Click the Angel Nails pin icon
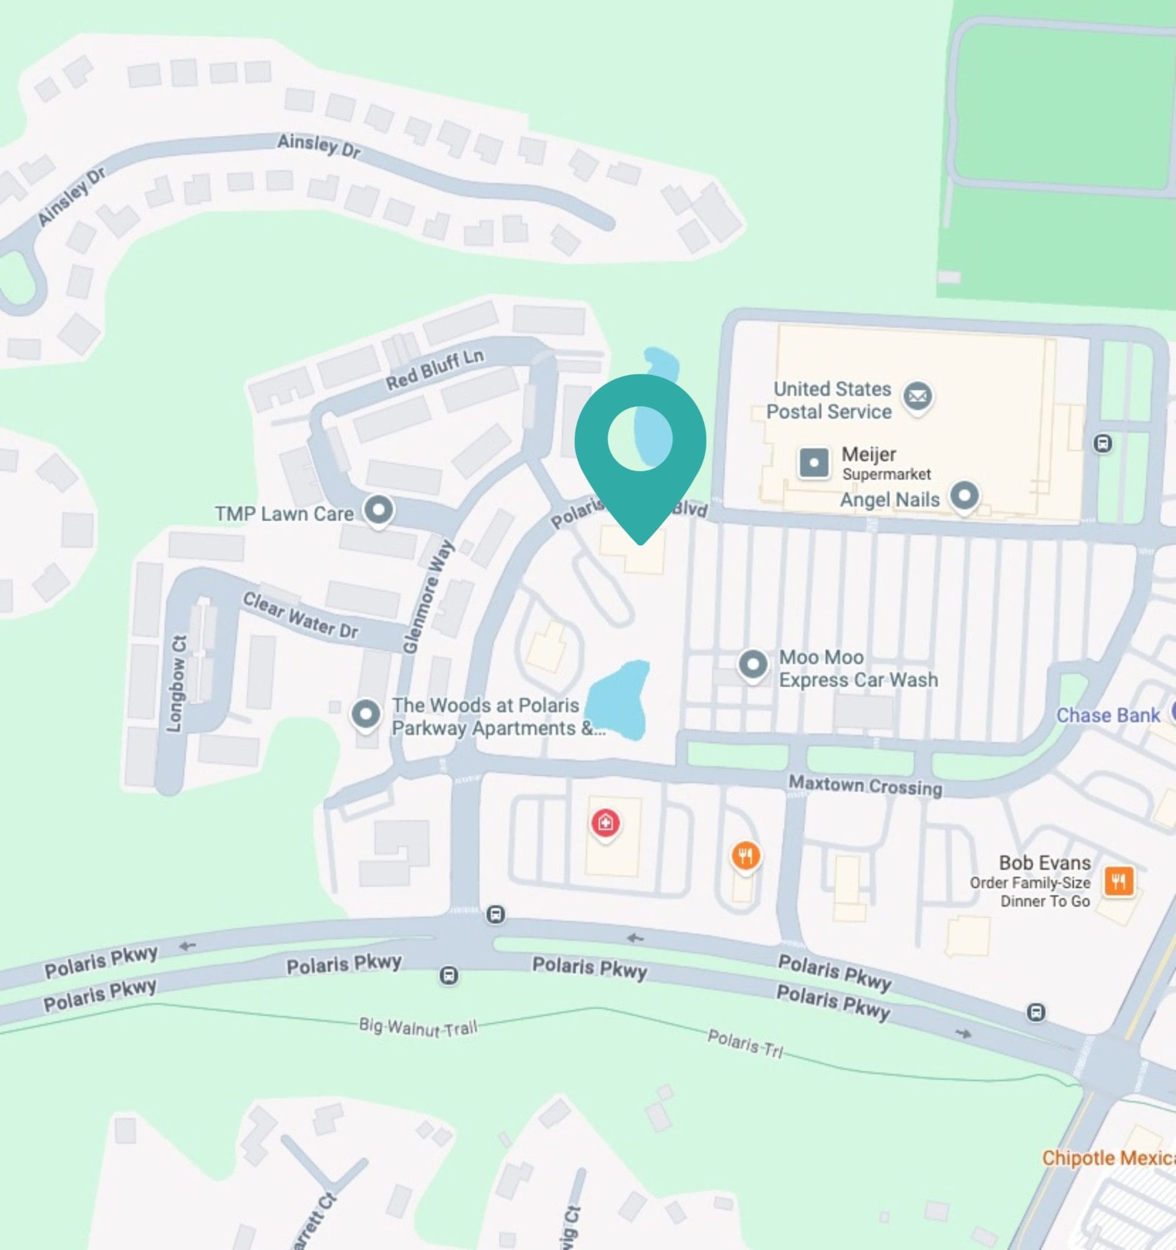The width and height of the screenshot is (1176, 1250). pos(965,496)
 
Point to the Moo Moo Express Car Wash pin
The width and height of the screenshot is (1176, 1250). pos(753,664)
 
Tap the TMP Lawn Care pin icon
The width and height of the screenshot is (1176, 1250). pos(379,510)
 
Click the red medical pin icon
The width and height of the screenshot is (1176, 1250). pos(605,822)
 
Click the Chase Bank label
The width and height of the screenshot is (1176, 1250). pos(1107,715)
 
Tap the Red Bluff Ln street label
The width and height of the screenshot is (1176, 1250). pos(434,370)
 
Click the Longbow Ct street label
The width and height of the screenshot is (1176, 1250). pos(177,684)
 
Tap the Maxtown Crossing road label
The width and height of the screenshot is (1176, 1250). pos(865,786)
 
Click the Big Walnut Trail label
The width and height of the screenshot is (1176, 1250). pos(418,1027)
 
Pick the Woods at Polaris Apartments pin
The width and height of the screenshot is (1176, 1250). pos(366,714)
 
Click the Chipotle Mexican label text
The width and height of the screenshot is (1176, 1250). pos(1108,1157)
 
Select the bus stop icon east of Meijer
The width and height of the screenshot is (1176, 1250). pos(1102,443)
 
